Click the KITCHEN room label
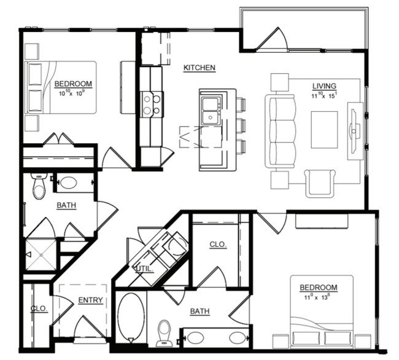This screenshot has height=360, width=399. pyautogui.click(x=199, y=68)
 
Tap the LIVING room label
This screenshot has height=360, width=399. pyautogui.click(x=325, y=87)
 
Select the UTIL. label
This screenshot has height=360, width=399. pyautogui.click(x=144, y=268)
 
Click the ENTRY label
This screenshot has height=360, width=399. pyautogui.click(x=90, y=300)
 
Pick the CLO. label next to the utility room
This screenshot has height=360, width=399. pyautogui.click(x=218, y=245)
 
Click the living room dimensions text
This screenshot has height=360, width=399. pyautogui.click(x=325, y=96)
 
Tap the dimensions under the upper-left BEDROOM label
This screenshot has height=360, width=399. pyautogui.click(x=72, y=93)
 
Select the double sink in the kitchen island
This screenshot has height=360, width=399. pyautogui.click(x=211, y=110)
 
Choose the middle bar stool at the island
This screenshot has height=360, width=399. pyautogui.click(x=239, y=125)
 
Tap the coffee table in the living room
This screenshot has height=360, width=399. pyautogui.click(x=324, y=130)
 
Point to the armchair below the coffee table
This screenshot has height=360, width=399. pyautogui.click(x=321, y=182)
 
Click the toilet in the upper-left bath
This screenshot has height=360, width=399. pyautogui.click(x=39, y=186)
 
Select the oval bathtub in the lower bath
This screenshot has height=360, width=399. pyautogui.click(x=131, y=317)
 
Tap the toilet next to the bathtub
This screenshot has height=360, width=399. pyautogui.click(x=164, y=332)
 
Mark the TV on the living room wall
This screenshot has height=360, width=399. pyautogui.click(x=355, y=130)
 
